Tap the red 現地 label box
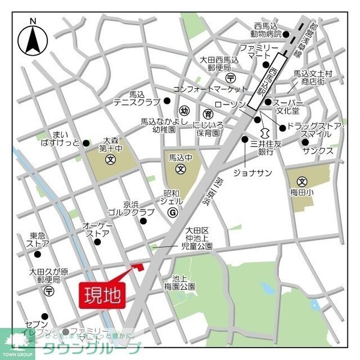102,295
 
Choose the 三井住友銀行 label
262,148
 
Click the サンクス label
317,151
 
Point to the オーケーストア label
97,230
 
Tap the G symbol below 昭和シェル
172,212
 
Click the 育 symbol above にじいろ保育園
208,113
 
